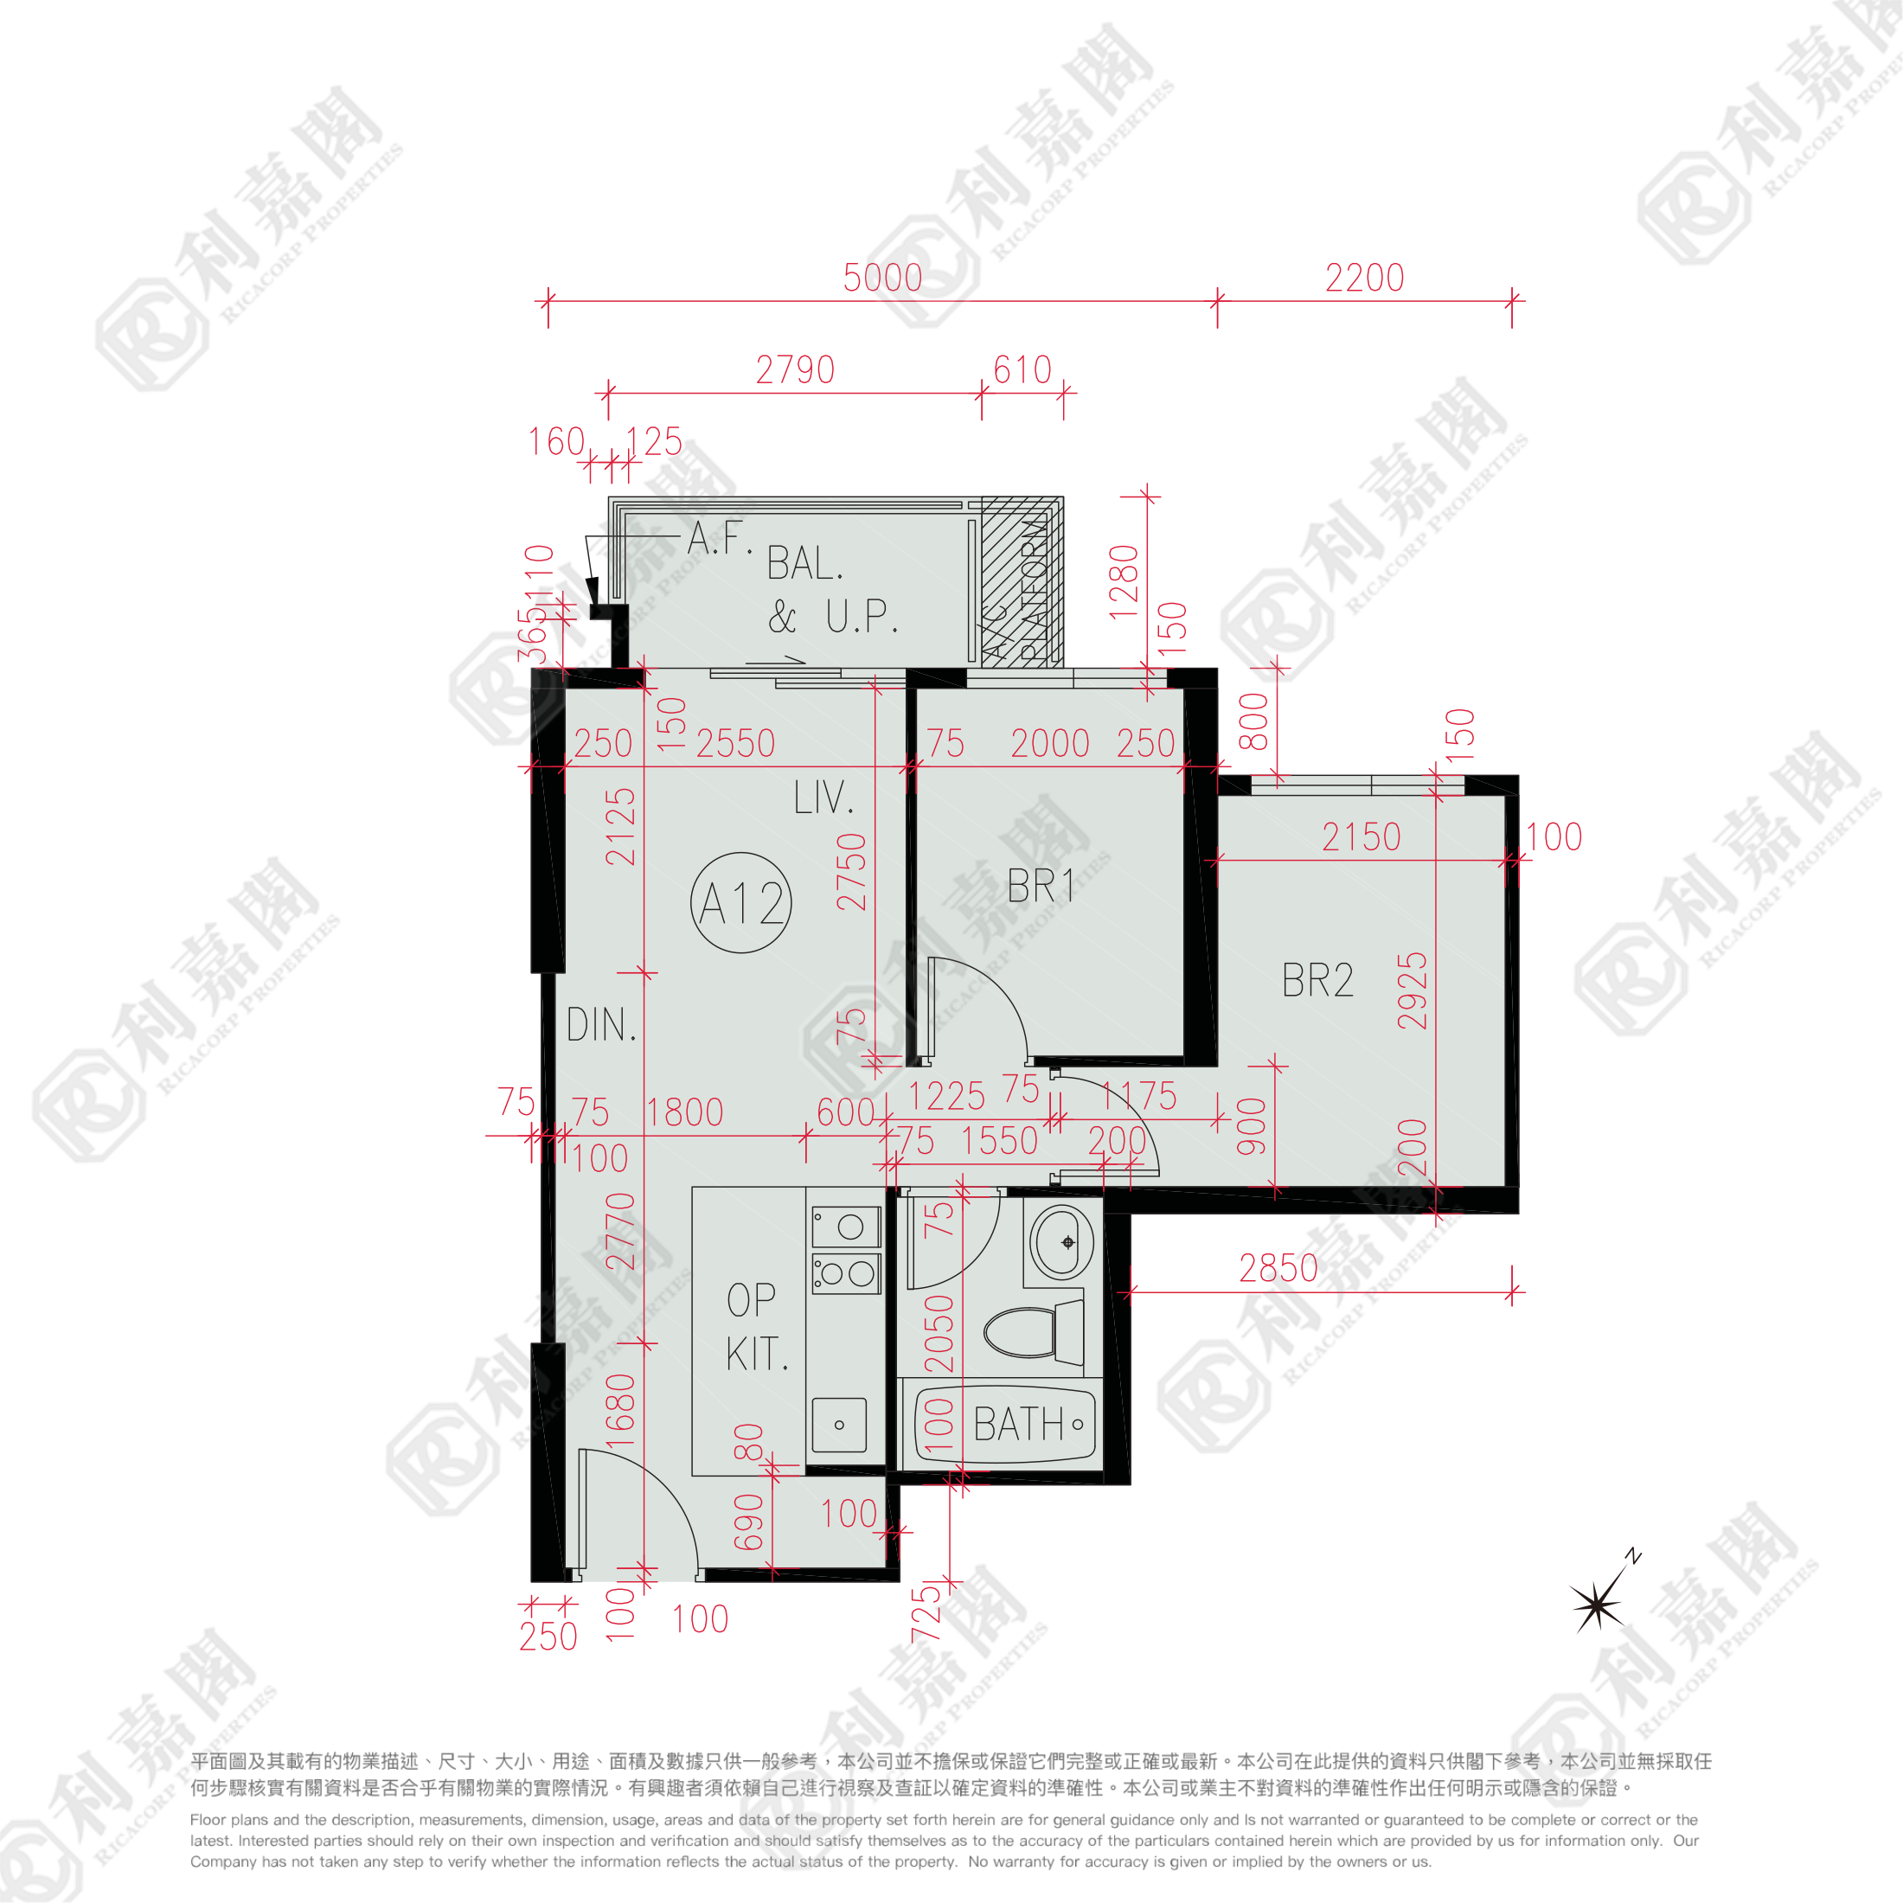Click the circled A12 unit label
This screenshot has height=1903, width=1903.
(740, 902)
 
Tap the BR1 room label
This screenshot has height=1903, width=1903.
(1040, 887)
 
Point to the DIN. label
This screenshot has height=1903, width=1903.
(601, 1025)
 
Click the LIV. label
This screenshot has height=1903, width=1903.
(823, 798)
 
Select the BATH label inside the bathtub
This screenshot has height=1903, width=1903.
(1018, 1426)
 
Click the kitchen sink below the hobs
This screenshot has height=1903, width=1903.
(838, 1425)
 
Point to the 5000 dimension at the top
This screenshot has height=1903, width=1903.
(882, 278)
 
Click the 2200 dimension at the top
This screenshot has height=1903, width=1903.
(1364, 278)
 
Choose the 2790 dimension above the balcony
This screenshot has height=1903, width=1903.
(795, 370)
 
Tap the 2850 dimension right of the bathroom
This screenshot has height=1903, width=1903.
(1278, 1269)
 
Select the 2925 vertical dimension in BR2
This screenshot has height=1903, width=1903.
(1413, 991)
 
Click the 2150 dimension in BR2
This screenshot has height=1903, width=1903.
(1361, 837)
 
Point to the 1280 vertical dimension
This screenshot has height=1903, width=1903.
(1124, 582)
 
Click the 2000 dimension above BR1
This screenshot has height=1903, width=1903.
(1050, 744)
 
